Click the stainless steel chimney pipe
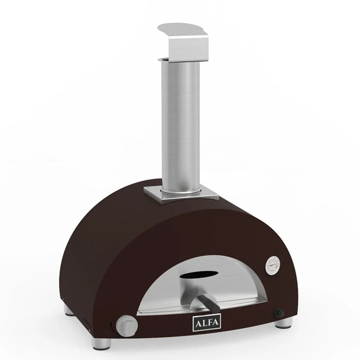click(179, 123)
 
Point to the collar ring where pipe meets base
click(178, 193)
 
